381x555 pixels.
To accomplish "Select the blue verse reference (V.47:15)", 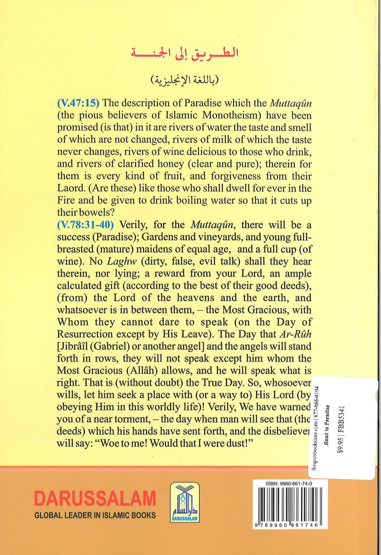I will [78, 104].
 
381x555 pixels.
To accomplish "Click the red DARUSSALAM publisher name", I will [95, 498].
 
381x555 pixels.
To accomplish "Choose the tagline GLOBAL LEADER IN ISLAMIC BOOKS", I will [95, 516].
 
